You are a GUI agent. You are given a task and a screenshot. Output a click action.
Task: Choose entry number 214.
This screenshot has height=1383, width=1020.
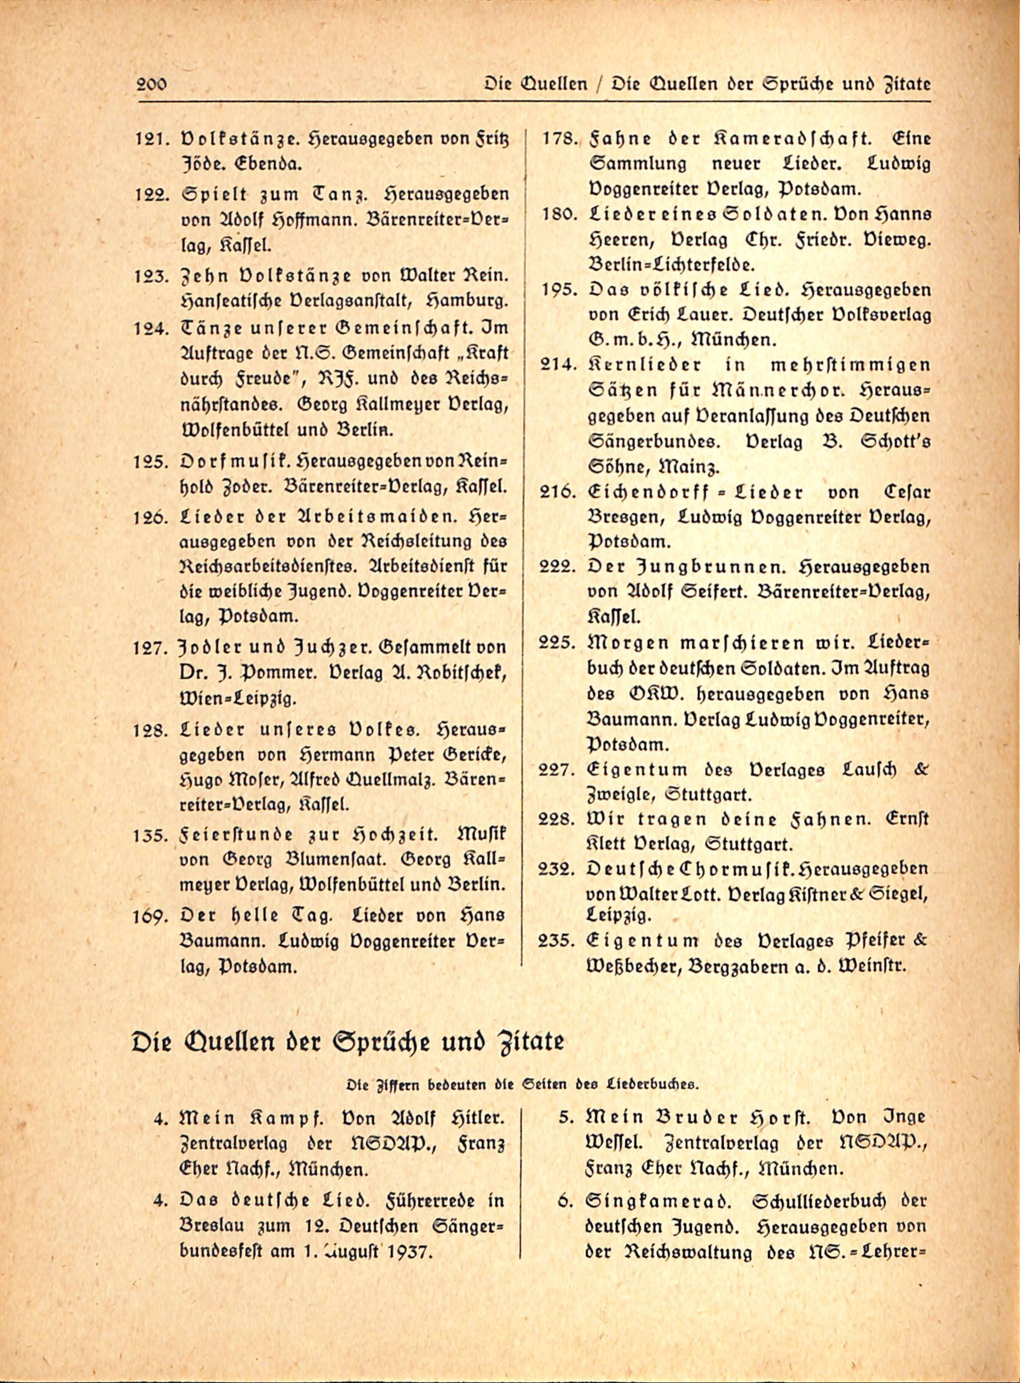tap(558, 365)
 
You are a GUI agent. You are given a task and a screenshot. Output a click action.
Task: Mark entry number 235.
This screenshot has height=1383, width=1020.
tap(557, 941)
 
